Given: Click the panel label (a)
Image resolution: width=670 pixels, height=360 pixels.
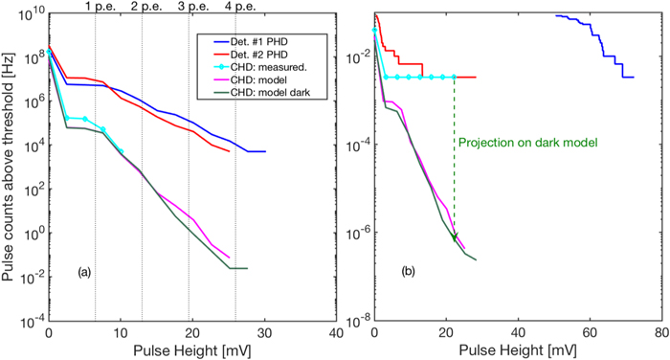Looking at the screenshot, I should [x=84, y=273].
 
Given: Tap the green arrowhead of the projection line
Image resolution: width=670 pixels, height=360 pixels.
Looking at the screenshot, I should [x=455, y=236].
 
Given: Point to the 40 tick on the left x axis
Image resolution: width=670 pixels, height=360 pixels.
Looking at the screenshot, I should [x=335, y=332].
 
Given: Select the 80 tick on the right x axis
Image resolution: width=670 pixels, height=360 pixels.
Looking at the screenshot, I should [x=660, y=332].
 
